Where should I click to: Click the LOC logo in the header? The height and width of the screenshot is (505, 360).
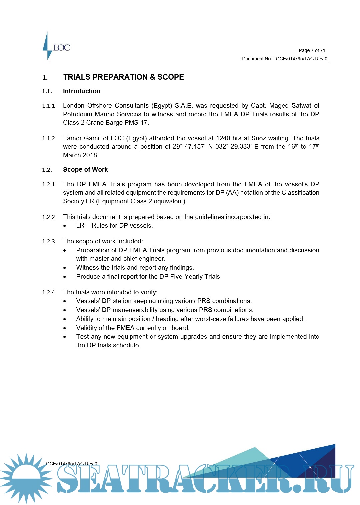(x=57, y=47)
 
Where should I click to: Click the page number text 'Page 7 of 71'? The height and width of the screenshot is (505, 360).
(x=312, y=50)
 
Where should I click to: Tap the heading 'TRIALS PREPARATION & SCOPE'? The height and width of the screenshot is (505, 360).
(x=123, y=77)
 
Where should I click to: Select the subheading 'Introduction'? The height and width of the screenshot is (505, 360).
(x=82, y=91)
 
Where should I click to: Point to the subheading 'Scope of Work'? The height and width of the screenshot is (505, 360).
(x=85, y=169)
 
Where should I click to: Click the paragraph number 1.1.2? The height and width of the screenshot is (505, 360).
(x=48, y=138)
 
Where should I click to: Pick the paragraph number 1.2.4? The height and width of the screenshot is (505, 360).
(x=48, y=292)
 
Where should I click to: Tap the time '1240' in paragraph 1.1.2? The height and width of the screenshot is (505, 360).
(x=223, y=138)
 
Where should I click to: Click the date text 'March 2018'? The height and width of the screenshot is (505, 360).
(x=80, y=155)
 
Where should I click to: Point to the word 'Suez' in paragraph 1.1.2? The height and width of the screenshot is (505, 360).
(x=258, y=138)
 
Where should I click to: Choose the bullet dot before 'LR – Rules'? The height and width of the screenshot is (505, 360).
(x=65, y=226)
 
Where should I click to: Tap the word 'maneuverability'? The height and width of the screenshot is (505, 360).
(x=133, y=310)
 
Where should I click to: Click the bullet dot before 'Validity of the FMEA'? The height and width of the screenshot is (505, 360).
(x=65, y=328)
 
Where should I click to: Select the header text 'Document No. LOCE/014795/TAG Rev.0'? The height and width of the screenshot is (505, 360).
(x=284, y=59)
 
